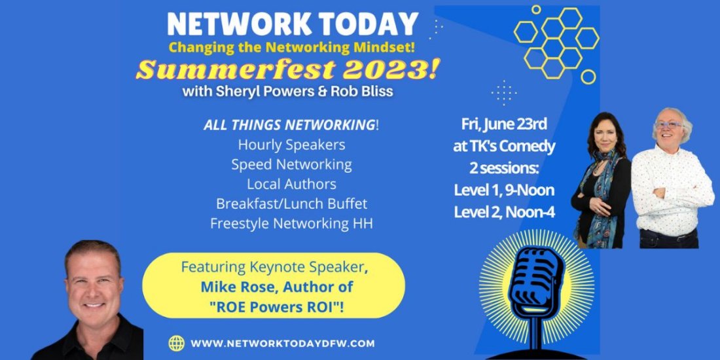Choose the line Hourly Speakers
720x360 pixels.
(291, 145)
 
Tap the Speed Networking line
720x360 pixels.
(291, 165)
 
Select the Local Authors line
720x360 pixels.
(291, 184)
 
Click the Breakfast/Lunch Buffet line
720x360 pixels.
(291, 204)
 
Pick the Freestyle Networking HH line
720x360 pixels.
(291, 224)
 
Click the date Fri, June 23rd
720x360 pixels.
(504, 124)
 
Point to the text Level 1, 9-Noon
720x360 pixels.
(504, 190)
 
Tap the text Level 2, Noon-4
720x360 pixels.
(504, 212)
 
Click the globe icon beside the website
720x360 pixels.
(176, 343)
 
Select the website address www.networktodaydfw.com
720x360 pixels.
(282, 344)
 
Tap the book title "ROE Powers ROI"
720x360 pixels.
(274, 305)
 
